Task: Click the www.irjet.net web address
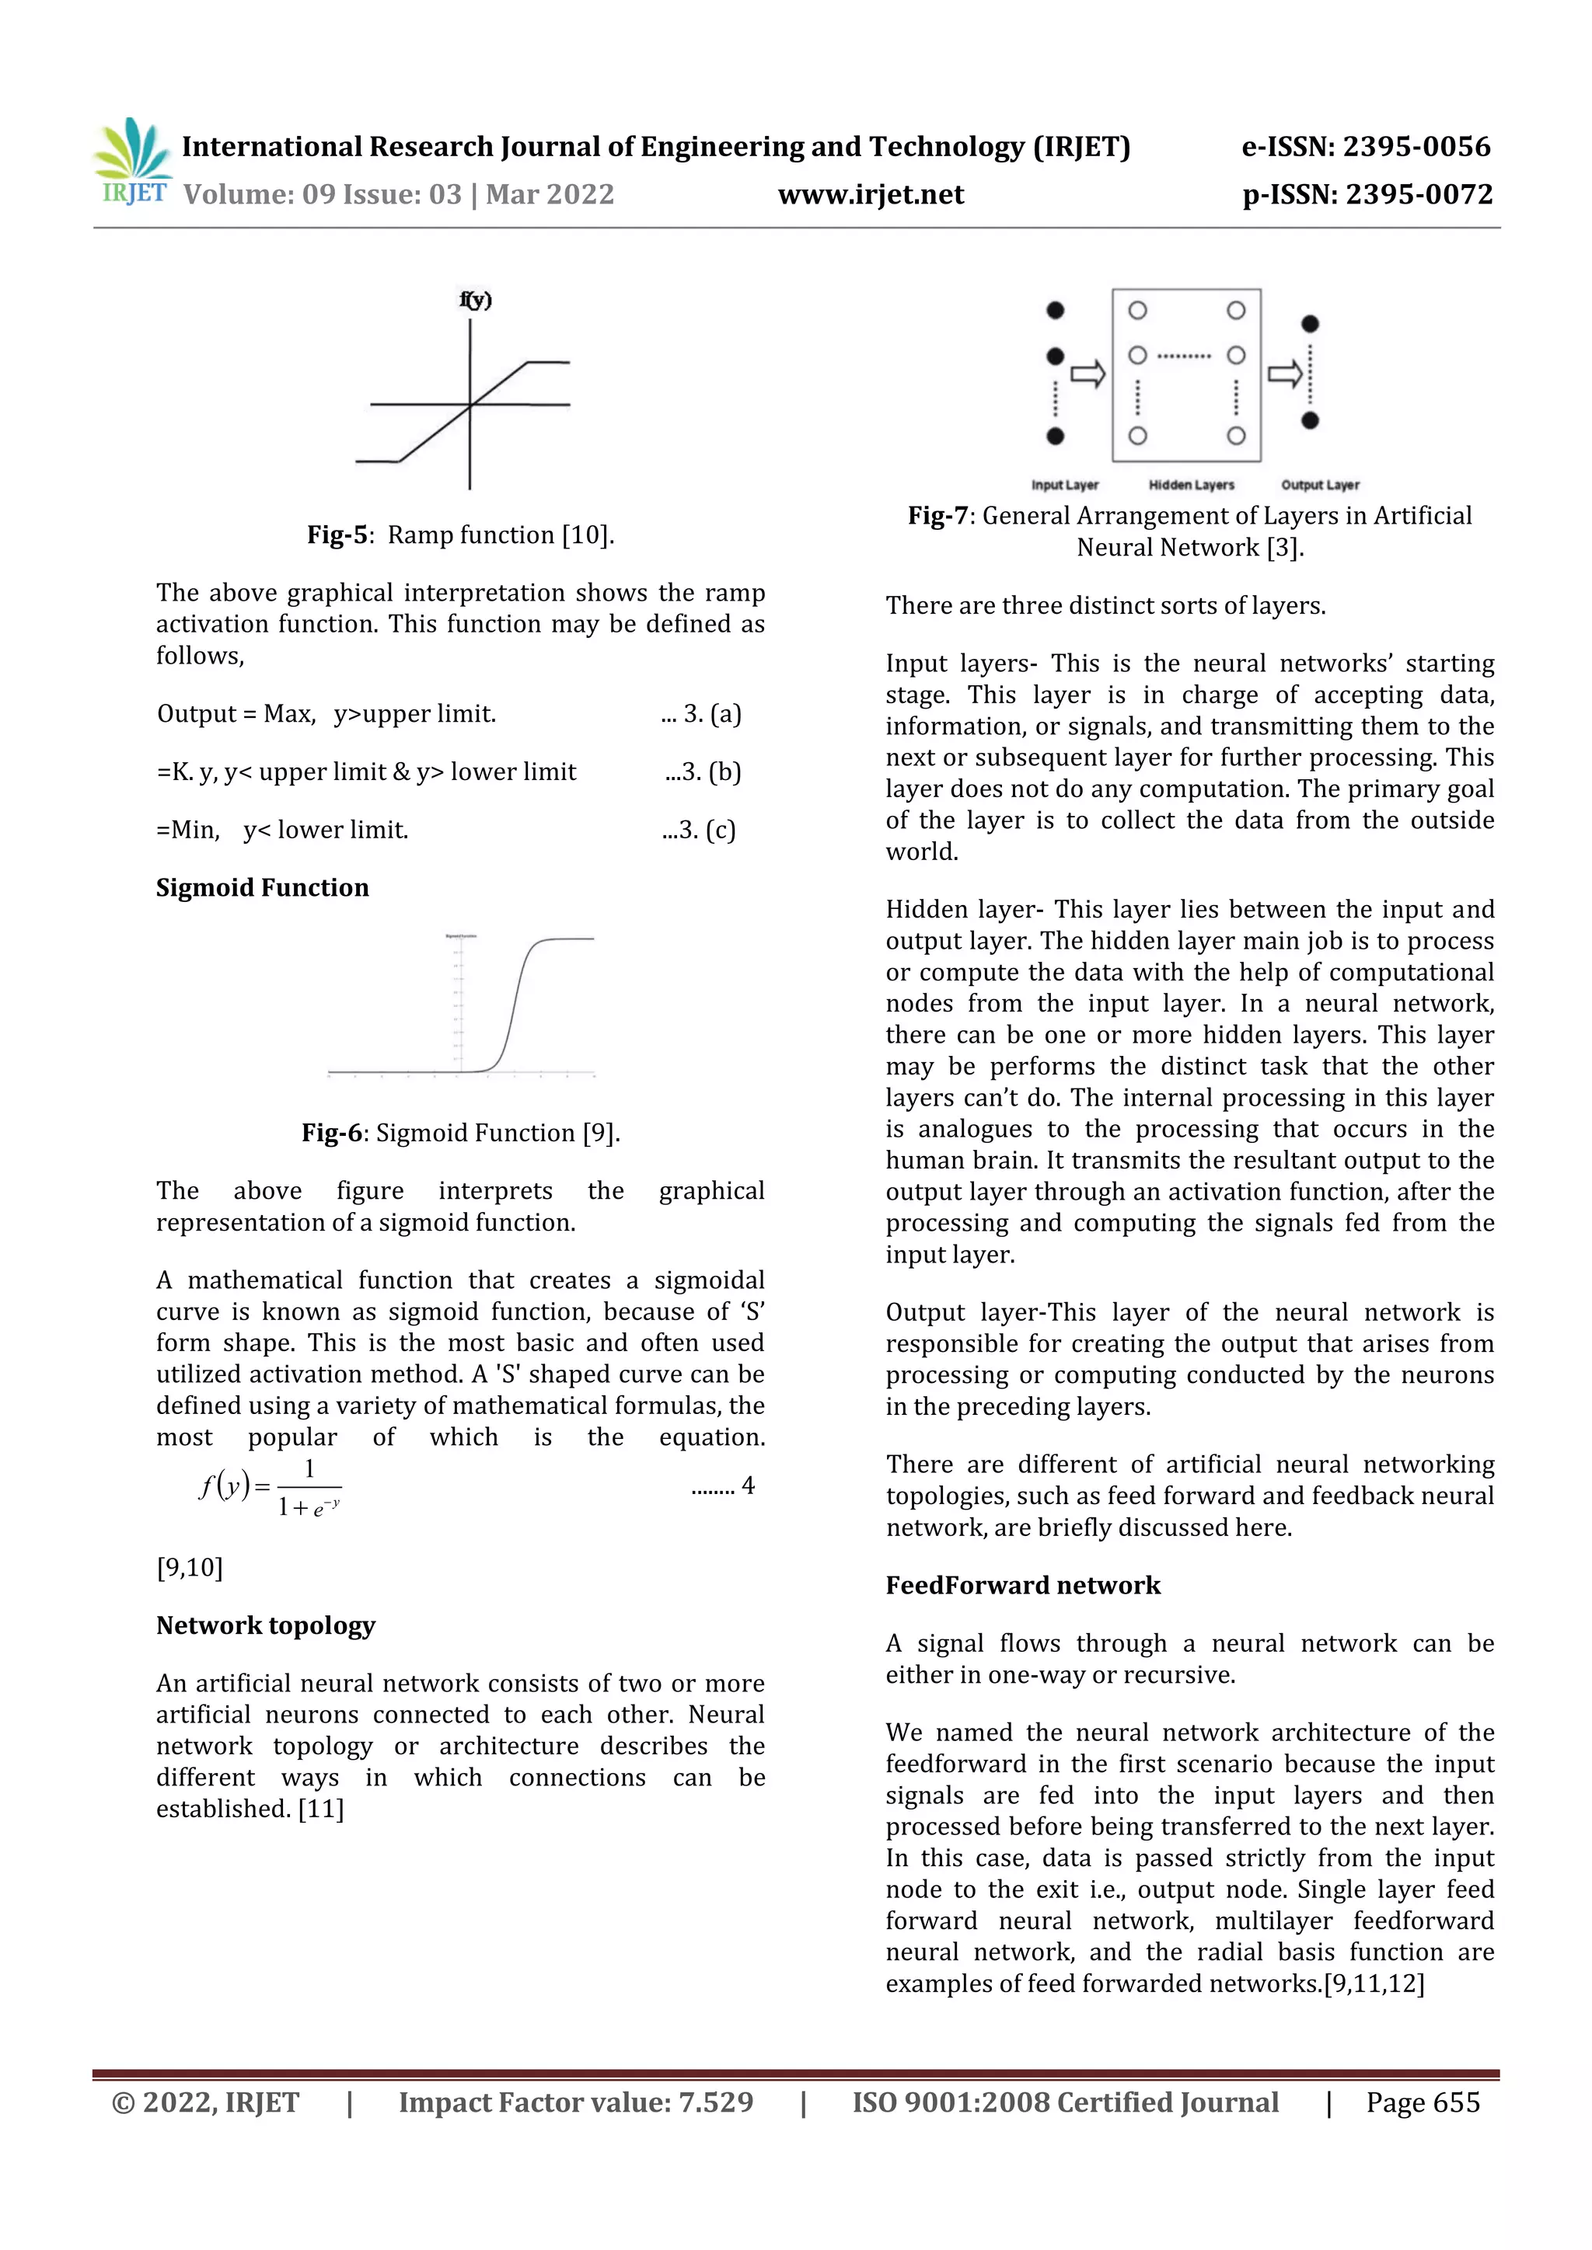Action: [x=871, y=194]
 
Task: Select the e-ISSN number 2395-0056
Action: [x=1366, y=147]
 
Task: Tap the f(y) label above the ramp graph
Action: [x=476, y=300]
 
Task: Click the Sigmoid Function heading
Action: [x=263, y=888]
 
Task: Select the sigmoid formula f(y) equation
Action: [x=271, y=1488]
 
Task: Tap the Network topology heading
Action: [x=266, y=1626]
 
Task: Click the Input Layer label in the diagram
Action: [x=1065, y=485]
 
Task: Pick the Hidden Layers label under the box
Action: [x=1191, y=485]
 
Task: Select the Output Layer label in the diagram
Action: [x=1319, y=485]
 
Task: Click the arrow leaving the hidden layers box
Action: [x=1284, y=374]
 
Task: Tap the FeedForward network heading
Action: [x=1022, y=1586]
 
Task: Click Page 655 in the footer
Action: [x=1423, y=2103]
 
